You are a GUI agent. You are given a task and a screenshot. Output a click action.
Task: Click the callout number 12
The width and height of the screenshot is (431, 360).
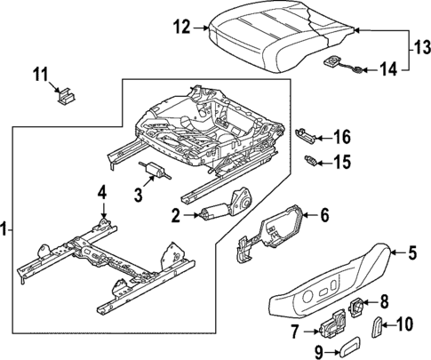coord(181,28)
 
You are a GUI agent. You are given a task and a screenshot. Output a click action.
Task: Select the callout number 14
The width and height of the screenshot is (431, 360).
coord(388,67)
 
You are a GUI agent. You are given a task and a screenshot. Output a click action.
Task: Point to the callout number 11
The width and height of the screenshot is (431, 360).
coord(39,74)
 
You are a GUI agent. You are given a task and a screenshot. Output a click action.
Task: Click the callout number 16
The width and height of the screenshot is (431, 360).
coord(342,137)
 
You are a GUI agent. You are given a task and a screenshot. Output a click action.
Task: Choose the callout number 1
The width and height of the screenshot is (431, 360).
coord(7,230)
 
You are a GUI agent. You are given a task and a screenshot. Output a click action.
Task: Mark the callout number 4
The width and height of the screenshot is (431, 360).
coord(103,191)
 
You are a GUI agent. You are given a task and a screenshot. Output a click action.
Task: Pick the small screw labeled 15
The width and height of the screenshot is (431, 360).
coord(312,161)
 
